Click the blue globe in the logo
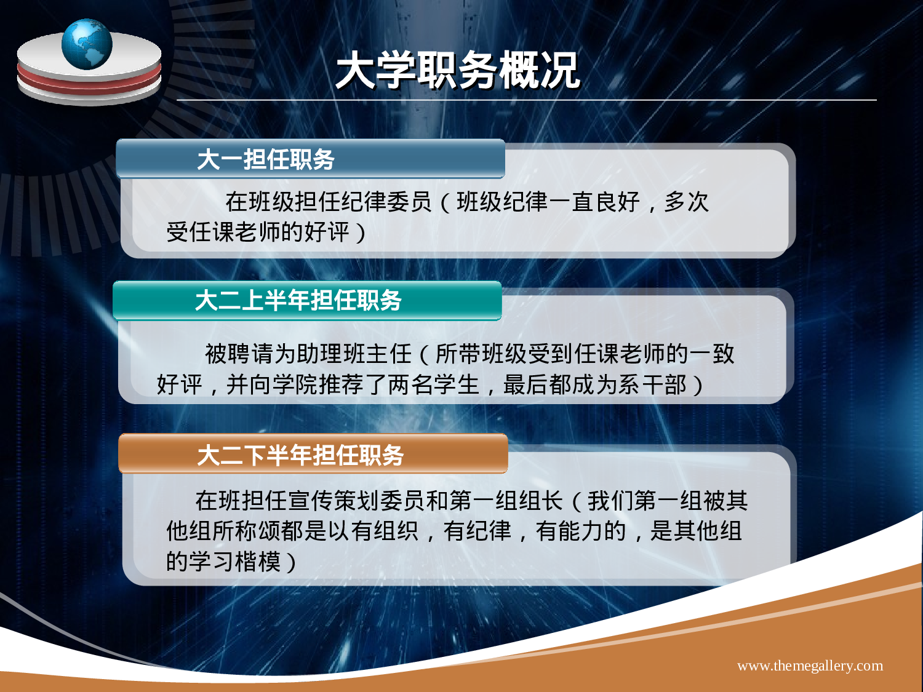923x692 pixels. (87, 44)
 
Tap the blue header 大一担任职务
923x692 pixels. (265, 159)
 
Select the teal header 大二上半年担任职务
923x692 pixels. (298, 300)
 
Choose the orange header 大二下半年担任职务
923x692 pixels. (300, 455)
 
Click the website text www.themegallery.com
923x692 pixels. (810, 666)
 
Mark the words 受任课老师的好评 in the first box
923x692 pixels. (258, 233)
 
